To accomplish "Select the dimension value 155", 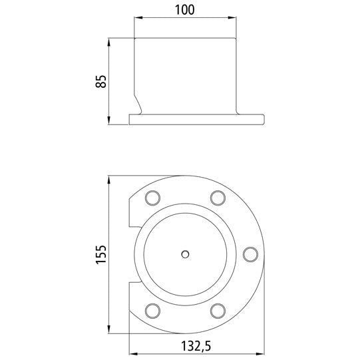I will click(100, 254).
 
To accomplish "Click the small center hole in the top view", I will click(186, 254).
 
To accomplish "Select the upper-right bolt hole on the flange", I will click(217, 197).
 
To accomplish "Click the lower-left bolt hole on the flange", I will click(152, 310).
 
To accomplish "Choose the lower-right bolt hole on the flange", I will click(217, 310).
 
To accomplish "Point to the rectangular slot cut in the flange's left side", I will click(132, 254).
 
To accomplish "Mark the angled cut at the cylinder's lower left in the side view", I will click(139, 104).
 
